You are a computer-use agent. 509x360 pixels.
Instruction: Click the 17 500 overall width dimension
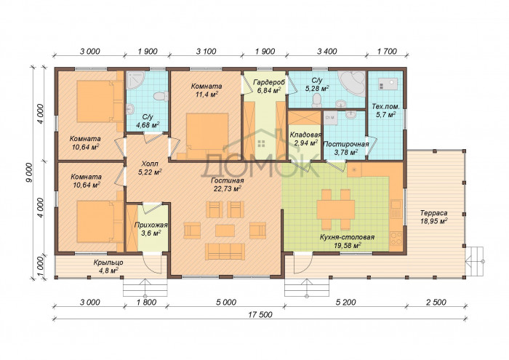pyautogui.click(x=260, y=315)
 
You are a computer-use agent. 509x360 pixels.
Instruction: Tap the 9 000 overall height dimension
pyautogui.click(x=29, y=172)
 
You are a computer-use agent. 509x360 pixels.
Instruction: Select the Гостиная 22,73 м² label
pyautogui.click(x=227, y=185)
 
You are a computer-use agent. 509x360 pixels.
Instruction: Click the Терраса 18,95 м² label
pyautogui.click(x=433, y=217)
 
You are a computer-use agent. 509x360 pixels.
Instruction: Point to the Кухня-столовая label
pyautogui.click(x=347, y=237)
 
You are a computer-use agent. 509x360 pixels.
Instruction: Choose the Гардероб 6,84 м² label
pyautogui.click(x=269, y=87)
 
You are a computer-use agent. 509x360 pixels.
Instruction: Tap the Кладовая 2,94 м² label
pyautogui.click(x=305, y=139)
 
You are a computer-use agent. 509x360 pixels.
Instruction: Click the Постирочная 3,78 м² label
pyautogui.click(x=346, y=148)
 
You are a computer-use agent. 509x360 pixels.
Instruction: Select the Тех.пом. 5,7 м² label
pyautogui.click(x=385, y=111)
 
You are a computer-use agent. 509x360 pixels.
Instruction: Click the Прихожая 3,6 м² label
pyautogui.click(x=151, y=229)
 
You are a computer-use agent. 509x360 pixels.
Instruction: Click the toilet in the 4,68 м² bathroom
pyautogui.click(x=161, y=97)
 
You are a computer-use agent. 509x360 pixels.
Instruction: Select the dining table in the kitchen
pyautogui.click(x=336, y=209)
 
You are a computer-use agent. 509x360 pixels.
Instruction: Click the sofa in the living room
pyautogui.click(x=225, y=252)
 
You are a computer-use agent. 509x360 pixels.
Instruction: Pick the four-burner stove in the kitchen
pyautogui.click(x=396, y=239)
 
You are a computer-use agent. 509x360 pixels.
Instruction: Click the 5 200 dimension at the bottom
pyautogui.click(x=345, y=303)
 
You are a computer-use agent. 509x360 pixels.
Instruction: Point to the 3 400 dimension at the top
pyautogui.click(x=326, y=52)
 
